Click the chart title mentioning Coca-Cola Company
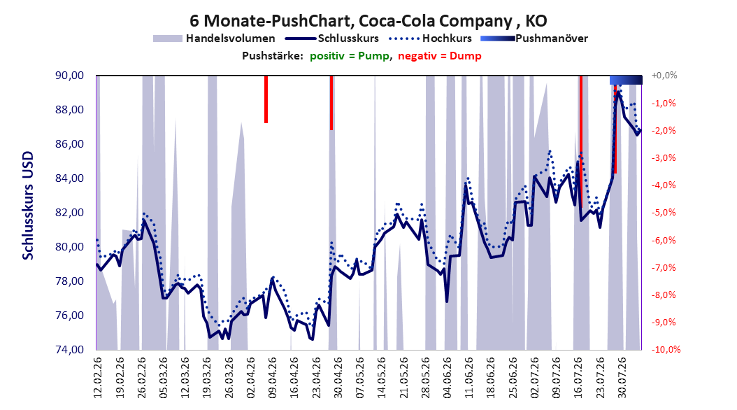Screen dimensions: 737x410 click(368, 21)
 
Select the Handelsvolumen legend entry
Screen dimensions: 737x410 click(214, 38)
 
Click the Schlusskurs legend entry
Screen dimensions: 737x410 click(331, 38)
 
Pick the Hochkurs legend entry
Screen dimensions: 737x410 click(428, 38)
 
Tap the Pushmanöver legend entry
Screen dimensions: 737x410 click(534, 38)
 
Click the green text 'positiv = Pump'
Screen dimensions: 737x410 click(350, 56)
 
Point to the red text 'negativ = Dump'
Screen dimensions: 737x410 click(440, 56)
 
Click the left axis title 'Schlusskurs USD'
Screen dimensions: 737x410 click(28, 206)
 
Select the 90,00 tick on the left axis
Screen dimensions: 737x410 click(69, 76)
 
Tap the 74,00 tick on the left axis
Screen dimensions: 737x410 click(69, 350)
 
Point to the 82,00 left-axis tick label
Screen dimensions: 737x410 click(69, 213)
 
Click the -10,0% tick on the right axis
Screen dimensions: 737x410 click(666, 349)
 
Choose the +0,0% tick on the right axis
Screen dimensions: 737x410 click(664, 76)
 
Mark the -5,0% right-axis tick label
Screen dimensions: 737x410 click(664, 213)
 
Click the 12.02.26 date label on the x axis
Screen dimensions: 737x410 click(98, 378)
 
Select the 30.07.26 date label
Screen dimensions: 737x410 click(622, 378)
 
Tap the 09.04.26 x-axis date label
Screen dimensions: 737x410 click(273, 378)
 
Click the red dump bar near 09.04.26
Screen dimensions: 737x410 click(266, 99)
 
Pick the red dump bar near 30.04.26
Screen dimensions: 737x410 click(331, 102)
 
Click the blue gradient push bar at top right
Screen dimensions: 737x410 click(626, 80)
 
